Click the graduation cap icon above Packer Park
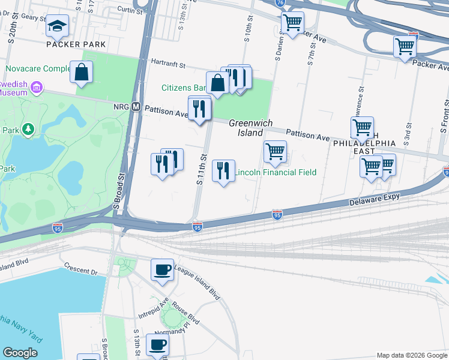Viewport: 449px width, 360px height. click(x=58, y=26)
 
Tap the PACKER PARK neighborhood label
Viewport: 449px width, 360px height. click(x=76, y=44)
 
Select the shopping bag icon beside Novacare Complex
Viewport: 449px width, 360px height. click(x=81, y=73)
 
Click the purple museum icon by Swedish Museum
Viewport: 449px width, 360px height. click(x=37, y=89)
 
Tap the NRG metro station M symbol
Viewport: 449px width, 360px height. click(x=136, y=107)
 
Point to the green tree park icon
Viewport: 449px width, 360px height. click(x=28, y=129)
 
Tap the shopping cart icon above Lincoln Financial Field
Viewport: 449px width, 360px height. click(x=275, y=152)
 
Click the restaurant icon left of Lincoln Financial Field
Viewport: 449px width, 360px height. click(x=223, y=171)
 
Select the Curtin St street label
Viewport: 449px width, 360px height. click(x=125, y=10)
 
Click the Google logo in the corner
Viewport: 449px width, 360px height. click(x=20, y=352)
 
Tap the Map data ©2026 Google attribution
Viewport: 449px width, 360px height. click(x=411, y=355)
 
